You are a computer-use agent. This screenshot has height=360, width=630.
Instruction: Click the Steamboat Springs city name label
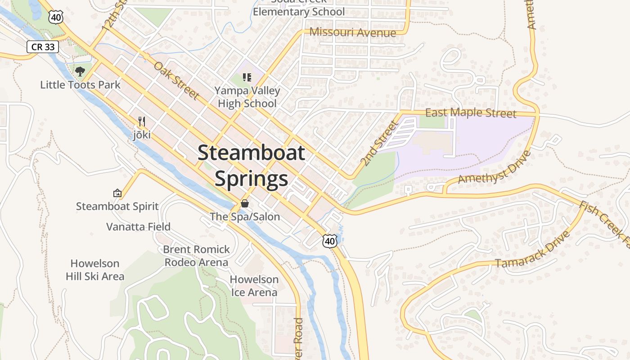click(x=251, y=166)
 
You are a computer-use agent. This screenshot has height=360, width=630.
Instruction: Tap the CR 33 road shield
click(x=43, y=46)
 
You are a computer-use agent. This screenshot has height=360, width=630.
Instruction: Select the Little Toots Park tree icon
click(x=80, y=71)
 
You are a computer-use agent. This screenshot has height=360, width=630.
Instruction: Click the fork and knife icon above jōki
click(x=142, y=121)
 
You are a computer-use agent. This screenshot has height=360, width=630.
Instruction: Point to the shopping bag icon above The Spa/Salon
click(x=245, y=203)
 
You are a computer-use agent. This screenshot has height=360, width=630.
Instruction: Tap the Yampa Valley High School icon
click(x=247, y=77)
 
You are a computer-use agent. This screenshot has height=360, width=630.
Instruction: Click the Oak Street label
click(x=176, y=81)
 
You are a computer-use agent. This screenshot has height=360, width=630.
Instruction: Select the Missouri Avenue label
click(x=353, y=32)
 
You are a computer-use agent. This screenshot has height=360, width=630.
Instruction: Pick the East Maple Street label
click(x=471, y=112)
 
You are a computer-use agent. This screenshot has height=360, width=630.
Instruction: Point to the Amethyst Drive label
click(x=494, y=167)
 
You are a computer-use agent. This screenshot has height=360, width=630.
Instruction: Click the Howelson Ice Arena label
click(x=254, y=286)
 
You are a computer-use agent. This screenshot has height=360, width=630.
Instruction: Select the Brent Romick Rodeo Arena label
click(x=196, y=256)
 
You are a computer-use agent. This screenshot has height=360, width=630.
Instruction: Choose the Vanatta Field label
click(x=138, y=226)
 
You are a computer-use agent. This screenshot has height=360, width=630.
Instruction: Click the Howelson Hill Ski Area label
click(x=95, y=270)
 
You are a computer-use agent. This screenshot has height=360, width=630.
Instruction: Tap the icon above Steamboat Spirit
click(x=117, y=193)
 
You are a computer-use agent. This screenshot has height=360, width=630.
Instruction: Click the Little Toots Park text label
click(x=81, y=85)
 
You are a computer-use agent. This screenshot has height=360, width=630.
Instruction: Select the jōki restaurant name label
click(x=142, y=135)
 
